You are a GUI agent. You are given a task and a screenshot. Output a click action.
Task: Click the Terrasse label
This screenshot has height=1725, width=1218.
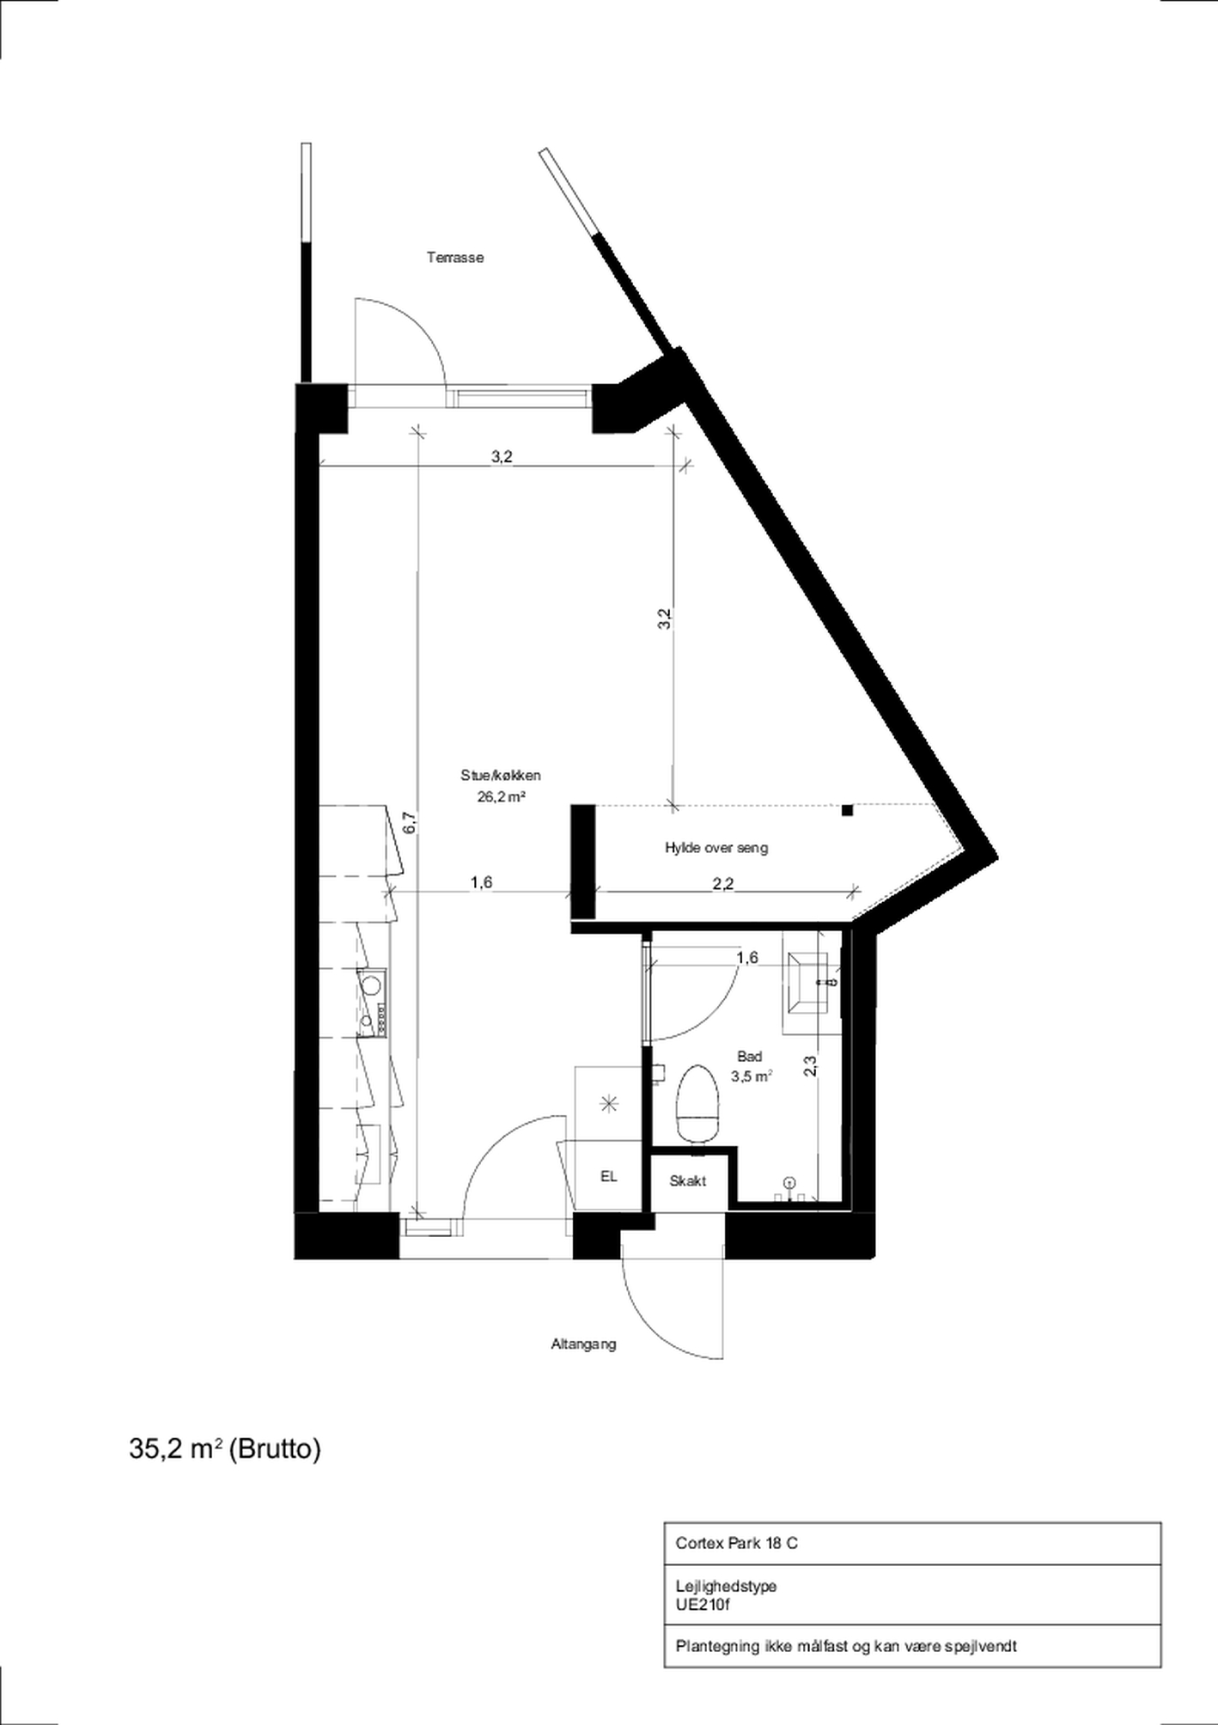455,257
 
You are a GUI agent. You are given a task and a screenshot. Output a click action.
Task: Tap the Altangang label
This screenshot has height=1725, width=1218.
583,1344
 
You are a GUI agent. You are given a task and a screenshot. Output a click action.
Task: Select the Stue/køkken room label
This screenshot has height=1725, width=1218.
501,775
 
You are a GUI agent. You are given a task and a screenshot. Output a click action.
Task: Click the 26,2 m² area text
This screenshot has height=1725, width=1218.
502,796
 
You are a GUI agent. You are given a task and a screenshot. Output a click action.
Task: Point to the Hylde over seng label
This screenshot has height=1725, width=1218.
716,848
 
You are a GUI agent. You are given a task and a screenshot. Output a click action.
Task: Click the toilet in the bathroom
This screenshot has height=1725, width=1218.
697,1104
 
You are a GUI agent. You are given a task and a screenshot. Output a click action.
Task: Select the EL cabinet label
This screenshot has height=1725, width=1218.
608,1177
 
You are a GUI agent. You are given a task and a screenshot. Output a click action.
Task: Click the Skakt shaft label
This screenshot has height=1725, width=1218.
687,1181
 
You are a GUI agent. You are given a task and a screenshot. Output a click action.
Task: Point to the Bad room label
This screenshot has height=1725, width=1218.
750,1057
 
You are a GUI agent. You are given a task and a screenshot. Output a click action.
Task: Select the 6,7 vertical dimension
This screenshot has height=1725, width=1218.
410,822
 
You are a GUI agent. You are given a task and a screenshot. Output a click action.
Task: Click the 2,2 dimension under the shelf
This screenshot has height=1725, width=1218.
723,882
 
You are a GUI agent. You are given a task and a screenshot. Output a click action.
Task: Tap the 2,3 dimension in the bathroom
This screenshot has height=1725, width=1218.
810,1065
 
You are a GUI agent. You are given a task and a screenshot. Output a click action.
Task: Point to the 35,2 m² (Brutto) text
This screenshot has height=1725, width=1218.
225,1449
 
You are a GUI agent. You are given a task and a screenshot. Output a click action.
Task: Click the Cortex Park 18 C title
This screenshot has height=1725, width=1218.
736,1543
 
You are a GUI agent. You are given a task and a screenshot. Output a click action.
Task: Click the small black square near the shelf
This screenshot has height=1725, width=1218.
847,810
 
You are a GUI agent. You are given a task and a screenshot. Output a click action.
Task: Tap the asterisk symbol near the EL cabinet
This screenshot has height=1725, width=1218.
609,1104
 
